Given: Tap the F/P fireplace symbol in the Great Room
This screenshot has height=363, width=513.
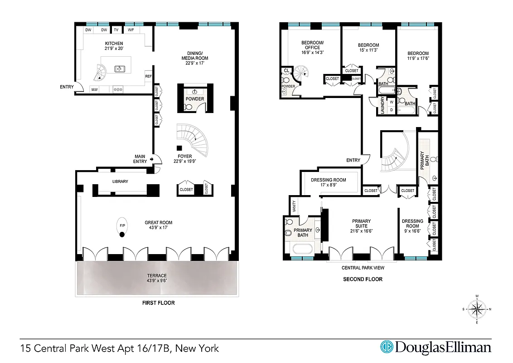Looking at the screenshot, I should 122,226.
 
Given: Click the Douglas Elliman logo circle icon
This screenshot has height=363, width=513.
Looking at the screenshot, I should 387,347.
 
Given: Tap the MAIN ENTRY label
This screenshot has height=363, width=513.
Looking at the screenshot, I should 140,159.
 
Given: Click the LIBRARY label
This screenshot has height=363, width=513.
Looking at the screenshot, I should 120,181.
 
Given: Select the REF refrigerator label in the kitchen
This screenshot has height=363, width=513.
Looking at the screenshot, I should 148,76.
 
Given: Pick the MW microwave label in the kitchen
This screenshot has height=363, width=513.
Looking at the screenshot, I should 95,89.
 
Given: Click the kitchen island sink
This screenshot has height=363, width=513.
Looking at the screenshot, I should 120,69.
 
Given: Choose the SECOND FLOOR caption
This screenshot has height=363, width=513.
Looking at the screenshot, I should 363,279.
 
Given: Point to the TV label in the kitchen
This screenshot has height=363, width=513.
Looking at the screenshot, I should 116,30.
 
